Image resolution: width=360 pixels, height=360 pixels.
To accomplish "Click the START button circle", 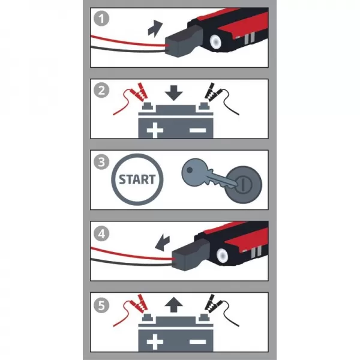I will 137,179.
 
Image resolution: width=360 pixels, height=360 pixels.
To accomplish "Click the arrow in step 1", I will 155,27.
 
